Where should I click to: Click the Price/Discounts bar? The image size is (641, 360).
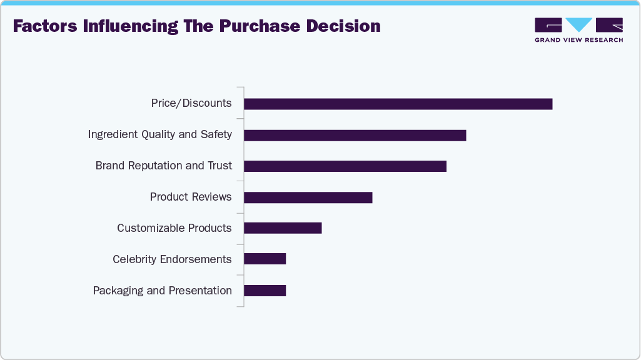tap(398, 104)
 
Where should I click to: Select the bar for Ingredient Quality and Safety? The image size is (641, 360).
tap(355, 135)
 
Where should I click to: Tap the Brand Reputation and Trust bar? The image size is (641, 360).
tap(345, 166)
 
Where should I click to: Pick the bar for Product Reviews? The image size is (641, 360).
tap(308, 197)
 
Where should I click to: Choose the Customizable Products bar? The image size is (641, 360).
tap(283, 228)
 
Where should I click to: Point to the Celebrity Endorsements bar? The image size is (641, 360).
tap(265, 259)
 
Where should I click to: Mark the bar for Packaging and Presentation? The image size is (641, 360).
tap(265, 291)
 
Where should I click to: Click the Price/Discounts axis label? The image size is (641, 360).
tap(191, 103)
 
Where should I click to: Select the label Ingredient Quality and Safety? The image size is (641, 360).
tap(160, 134)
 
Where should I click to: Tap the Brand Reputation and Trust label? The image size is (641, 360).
tap(164, 166)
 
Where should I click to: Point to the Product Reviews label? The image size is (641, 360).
tap(191, 197)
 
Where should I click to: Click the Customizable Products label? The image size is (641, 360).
tap(174, 228)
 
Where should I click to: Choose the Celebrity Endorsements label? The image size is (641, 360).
tap(172, 259)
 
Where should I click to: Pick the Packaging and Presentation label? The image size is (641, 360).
tap(163, 291)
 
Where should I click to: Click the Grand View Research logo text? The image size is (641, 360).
tap(578, 40)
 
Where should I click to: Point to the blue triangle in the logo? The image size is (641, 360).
tap(579, 24)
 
